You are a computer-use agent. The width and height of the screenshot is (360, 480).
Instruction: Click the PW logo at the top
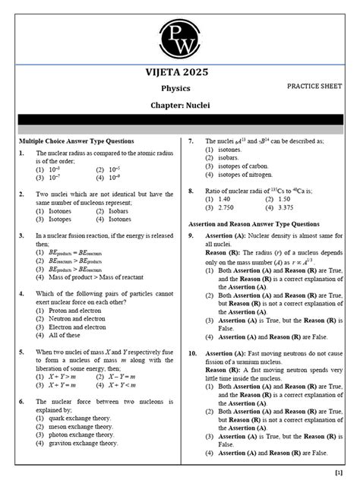(180, 33)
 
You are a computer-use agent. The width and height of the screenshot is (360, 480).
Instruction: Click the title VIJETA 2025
(180, 73)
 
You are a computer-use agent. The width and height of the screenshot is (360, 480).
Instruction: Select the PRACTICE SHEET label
(314, 87)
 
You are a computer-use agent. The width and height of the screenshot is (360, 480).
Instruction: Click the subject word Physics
(180, 88)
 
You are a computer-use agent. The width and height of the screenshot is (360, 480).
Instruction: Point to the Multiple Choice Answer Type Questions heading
(77, 141)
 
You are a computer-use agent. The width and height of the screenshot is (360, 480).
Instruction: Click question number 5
(22, 352)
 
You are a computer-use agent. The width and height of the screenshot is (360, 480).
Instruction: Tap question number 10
(193, 353)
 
